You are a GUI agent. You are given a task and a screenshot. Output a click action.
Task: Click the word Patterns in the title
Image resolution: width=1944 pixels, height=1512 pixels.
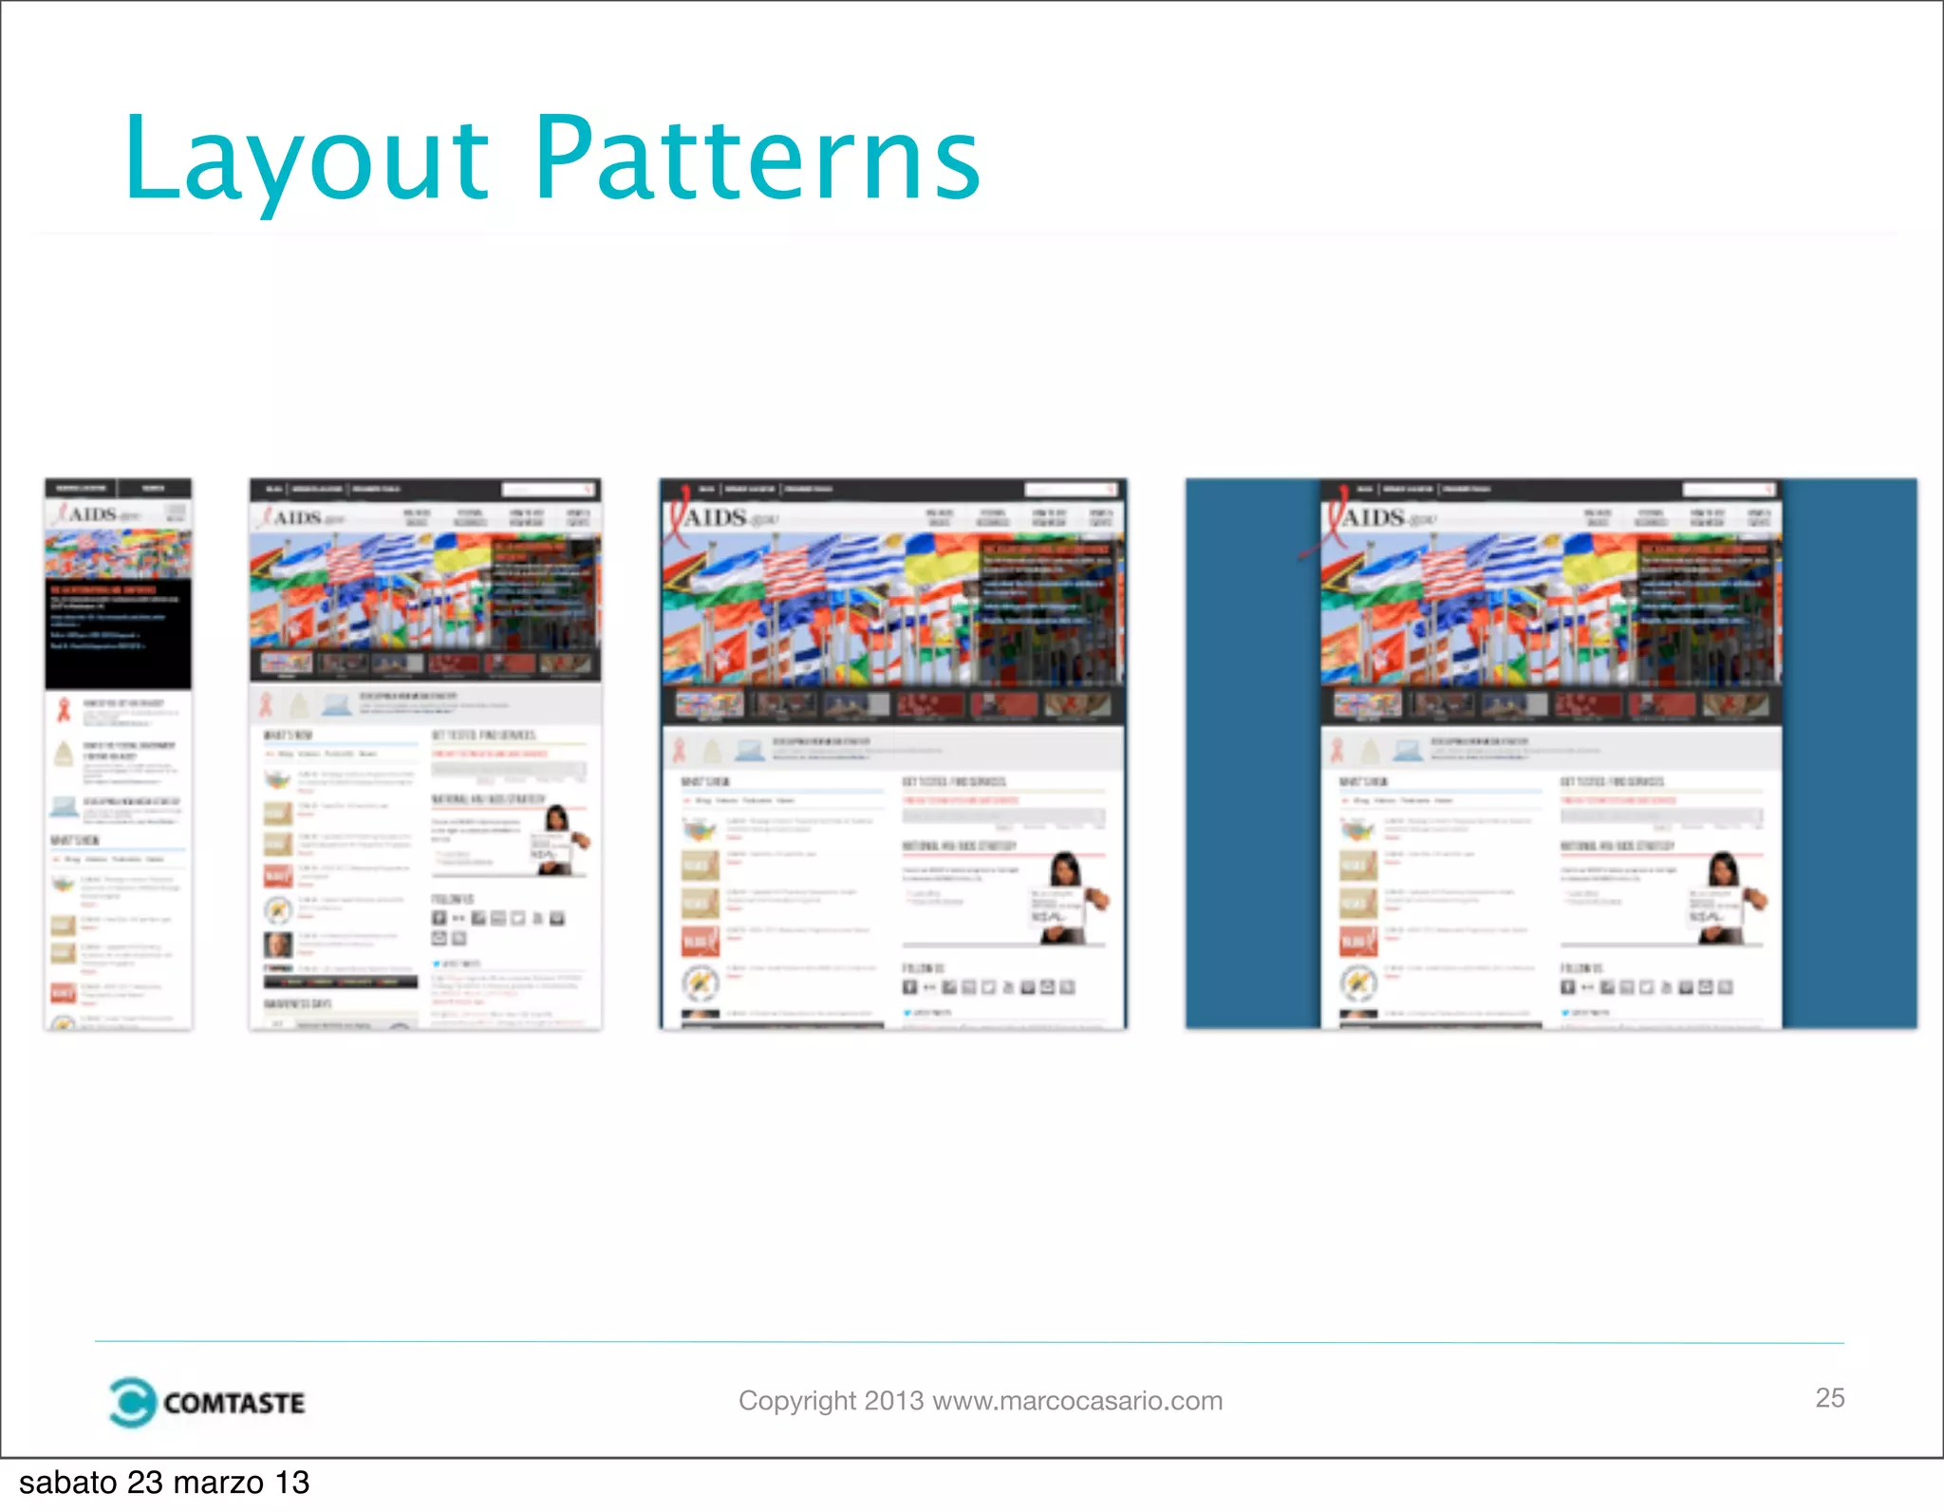tap(757, 159)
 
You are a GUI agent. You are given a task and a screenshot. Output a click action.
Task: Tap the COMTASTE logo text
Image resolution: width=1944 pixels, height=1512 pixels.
tap(234, 1403)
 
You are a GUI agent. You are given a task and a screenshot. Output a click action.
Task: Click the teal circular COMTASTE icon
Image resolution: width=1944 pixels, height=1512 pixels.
tap(131, 1402)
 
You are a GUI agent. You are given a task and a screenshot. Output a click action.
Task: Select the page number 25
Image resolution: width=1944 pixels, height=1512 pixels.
tap(1829, 1397)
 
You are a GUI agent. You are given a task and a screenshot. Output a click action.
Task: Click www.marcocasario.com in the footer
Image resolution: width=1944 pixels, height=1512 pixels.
tap(1077, 1401)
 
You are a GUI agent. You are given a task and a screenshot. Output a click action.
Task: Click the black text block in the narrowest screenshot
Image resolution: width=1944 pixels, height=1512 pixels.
tap(118, 631)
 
